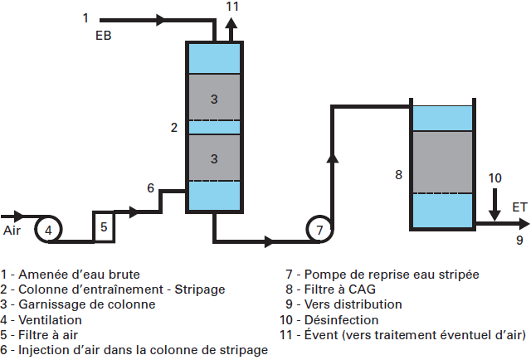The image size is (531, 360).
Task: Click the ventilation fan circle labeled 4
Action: (x=49, y=229)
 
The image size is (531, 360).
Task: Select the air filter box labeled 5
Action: (x=104, y=226)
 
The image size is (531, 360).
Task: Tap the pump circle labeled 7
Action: (x=320, y=229)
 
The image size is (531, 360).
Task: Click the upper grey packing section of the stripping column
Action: (x=214, y=98)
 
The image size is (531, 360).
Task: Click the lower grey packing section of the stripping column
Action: (x=214, y=157)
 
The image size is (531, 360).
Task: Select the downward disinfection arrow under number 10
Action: (x=494, y=206)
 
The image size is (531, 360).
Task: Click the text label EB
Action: (x=104, y=36)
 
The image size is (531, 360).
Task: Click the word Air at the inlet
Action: (x=12, y=229)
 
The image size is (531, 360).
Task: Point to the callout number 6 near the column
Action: (x=150, y=188)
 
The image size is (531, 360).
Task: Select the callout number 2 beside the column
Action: (x=173, y=127)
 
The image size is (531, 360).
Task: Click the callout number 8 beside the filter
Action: (x=398, y=175)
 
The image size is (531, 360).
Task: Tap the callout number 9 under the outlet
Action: (x=519, y=241)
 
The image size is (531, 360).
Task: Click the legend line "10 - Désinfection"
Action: (x=331, y=319)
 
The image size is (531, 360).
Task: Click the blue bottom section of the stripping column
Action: (x=214, y=196)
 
